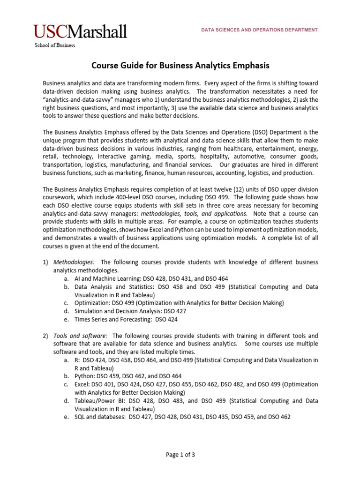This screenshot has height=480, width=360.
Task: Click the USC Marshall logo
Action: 80,32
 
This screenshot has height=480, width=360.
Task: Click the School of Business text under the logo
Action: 54,45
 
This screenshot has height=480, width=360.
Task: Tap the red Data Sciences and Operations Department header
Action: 259,30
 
